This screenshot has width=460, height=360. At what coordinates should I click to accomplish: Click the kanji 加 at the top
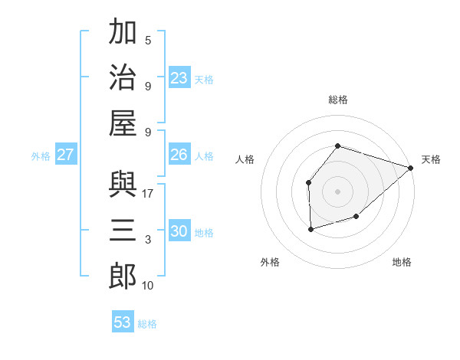pyautogui.click(x=123, y=33)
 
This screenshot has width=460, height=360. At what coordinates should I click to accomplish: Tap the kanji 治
pyautogui.click(x=123, y=77)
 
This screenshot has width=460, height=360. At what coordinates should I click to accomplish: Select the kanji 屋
pyautogui.click(x=123, y=123)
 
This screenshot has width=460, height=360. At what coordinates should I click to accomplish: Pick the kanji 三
pyautogui.click(x=123, y=230)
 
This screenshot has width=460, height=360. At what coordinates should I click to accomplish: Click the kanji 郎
pyautogui.click(x=123, y=275)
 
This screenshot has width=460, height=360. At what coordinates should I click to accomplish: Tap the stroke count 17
pyautogui.click(x=149, y=193)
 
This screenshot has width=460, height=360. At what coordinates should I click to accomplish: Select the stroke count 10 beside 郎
pyautogui.click(x=148, y=286)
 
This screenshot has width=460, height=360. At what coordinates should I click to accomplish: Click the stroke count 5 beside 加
pyautogui.click(x=148, y=41)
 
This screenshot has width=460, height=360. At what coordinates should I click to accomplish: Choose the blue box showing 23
pyautogui.click(x=179, y=78)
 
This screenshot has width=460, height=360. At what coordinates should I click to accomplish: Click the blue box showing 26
pyautogui.click(x=179, y=155)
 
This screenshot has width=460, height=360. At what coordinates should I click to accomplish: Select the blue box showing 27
pyautogui.click(x=66, y=155)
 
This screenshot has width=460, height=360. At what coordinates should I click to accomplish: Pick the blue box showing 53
pyautogui.click(x=123, y=322)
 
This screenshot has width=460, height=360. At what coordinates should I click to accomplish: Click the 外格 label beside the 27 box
pyautogui.click(x=41, y=155)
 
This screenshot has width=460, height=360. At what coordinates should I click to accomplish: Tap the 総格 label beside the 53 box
pyautogui.click(x=147, y=324)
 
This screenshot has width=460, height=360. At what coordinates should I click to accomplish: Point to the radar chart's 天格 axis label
pyautogui.click(x=431, y=159)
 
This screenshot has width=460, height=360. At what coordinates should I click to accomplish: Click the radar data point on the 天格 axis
pyautogui.click(x=411, y=168)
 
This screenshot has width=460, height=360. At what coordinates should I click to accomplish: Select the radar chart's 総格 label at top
pyautogui.click(x=338, y=100)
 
